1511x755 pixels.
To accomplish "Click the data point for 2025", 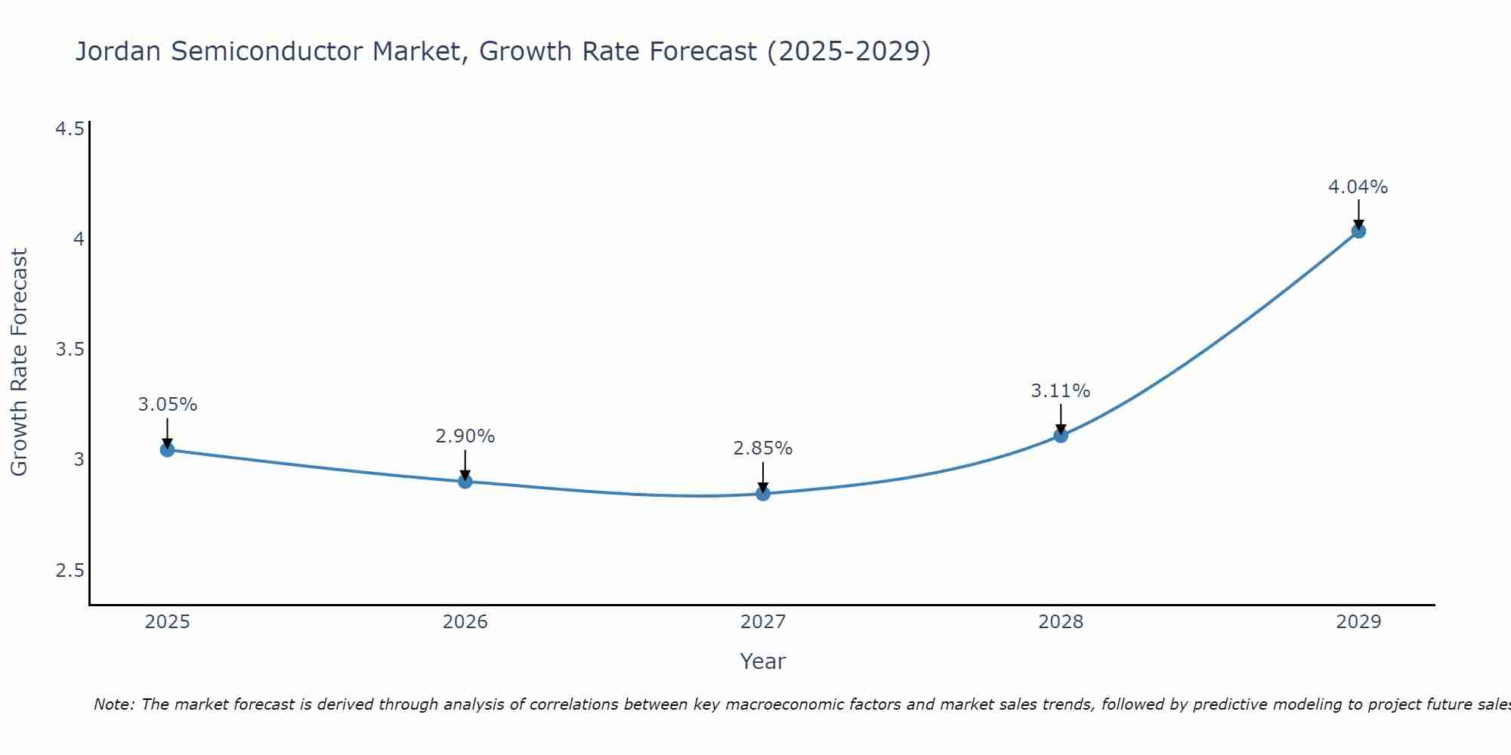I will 168,450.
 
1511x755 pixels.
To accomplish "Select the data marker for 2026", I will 465,481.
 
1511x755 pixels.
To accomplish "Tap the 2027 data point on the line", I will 763,494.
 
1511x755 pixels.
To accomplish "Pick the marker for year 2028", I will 1061,435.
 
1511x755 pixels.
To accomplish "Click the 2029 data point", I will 1358,231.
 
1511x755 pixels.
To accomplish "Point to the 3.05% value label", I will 168,405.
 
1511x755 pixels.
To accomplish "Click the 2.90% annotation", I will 465,436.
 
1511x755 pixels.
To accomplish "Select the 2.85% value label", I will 763,448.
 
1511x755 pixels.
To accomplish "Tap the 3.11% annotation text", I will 1061,391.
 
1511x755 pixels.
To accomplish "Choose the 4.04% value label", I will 1358,187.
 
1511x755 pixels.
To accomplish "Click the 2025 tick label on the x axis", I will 168,622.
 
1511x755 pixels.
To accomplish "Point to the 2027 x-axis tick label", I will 763,622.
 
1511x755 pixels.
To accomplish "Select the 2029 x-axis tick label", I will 1358,622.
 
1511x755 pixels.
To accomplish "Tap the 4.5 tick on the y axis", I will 70,129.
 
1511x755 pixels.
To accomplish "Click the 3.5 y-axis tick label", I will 70,350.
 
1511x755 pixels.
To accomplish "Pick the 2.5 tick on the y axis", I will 70,570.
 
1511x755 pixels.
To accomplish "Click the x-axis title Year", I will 763,661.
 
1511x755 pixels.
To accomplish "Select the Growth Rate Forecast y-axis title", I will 20,362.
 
